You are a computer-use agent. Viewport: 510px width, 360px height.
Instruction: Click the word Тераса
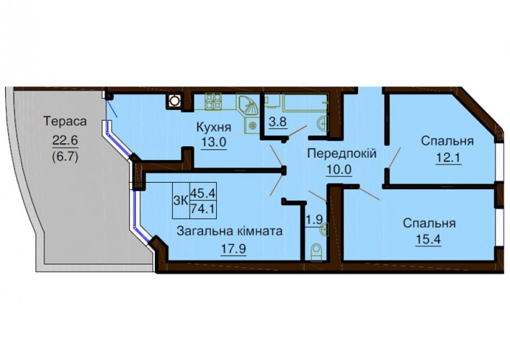pyautogui.click(x=66, y=121)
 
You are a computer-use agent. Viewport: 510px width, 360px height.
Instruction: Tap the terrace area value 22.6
pyautogui.click(x=66, y=141)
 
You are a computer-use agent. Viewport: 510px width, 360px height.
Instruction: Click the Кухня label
pyautogui.click(x=214, y=127)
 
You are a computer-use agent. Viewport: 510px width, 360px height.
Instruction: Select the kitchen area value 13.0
pyautogui.click(x=213, y=142)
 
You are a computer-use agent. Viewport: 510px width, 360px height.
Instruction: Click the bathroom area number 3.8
pyautogui.click(x=278, y=122)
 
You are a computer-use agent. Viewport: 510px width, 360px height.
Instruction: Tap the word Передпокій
pyautogui.click(x=342, y=153)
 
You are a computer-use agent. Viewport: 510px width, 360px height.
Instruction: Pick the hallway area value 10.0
pyautogui.click(x=339, y=169)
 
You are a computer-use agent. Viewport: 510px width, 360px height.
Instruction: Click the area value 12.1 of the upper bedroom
pyautogui.click(x=448, y=158)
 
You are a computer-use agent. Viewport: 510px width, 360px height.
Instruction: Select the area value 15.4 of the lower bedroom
pyautogui.click(x=429, y=240)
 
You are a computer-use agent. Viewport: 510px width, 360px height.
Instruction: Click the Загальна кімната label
pyautogui.click(x=229, y=232)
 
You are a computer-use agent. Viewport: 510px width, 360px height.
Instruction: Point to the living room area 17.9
pyautogui.click(x=233, y=249)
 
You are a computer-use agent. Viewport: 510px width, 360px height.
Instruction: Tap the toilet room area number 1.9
pyautogui.click(x=314, y=220)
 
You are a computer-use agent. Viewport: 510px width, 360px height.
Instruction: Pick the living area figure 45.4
pyautogui.click(x=202, y=194)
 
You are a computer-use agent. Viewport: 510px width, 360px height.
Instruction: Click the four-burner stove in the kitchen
pyautogui.click(x=213, y=101)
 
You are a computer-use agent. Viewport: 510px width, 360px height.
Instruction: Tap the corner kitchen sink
pyautogui.click(x=247, y=105)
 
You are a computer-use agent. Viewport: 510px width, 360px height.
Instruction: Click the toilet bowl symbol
pyautogui.click(x=316, y=252)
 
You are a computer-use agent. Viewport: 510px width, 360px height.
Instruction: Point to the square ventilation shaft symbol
pyautogui.click(x=174, y=101)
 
